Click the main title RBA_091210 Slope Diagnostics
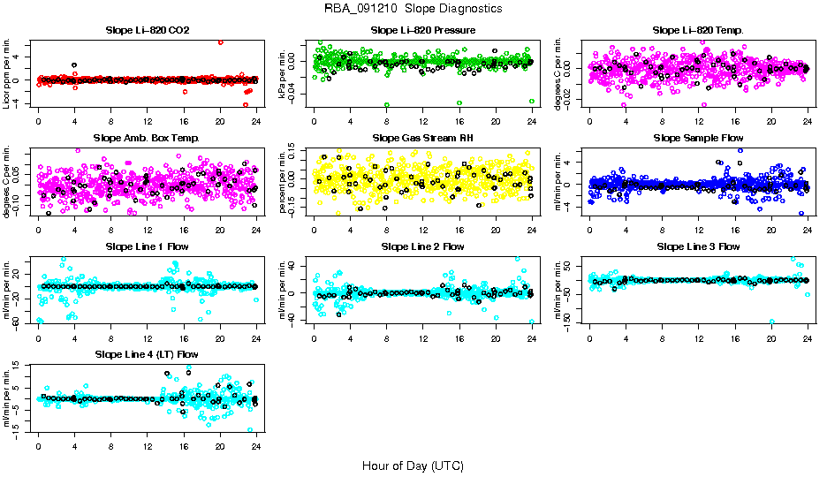click(413, 8)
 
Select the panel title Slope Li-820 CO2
click(148, 30)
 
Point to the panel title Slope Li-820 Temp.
click(698, 30)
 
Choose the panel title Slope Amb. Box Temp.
click(148, 138)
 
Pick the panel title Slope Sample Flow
click(698, 138)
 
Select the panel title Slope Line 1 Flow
click(148, 246)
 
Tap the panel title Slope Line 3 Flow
click(698, 246)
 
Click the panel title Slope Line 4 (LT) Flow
click(148, 354)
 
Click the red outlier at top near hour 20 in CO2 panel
click(221, 42)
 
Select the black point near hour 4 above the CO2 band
click(74, 65)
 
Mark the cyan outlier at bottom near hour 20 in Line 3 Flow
click(772, 322)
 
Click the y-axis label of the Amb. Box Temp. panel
click(9, 182)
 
